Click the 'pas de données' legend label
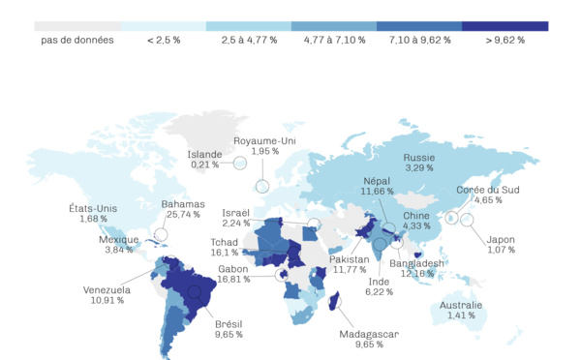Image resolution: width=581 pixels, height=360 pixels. click(x=77, y=41)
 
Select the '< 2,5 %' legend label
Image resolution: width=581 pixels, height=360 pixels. click(x=164, y=41)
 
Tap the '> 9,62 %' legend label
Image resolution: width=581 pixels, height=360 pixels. click(x=505, y=41)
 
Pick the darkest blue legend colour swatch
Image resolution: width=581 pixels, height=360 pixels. click(x=505, y=26)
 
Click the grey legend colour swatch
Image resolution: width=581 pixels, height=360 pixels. click(x=77, y=26)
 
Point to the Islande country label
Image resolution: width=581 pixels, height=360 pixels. click(x=205, y=154)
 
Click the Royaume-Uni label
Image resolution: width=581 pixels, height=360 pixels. click(x=264, y=140)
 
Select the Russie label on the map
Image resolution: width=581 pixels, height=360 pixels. click(x=419, y=157)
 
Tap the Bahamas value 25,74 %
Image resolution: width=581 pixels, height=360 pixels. click(x=184, y=214)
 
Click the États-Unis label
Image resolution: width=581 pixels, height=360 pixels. click(x=93, y=208)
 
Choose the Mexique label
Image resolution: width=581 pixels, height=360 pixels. click(x=118, y=239)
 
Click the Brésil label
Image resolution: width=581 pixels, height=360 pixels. click(x=228, y=323)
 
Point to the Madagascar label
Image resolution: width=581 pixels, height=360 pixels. click(x=369, y=334)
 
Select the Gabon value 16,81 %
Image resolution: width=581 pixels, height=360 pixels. click(x=233, y=279)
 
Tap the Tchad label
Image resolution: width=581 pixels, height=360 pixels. click(x=225, y=242)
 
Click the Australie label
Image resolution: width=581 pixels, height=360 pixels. click(x=460, y=305)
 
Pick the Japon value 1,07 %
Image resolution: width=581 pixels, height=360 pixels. click(x=501, y=250)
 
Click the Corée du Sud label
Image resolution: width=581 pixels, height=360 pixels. click(x=488, y=190)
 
